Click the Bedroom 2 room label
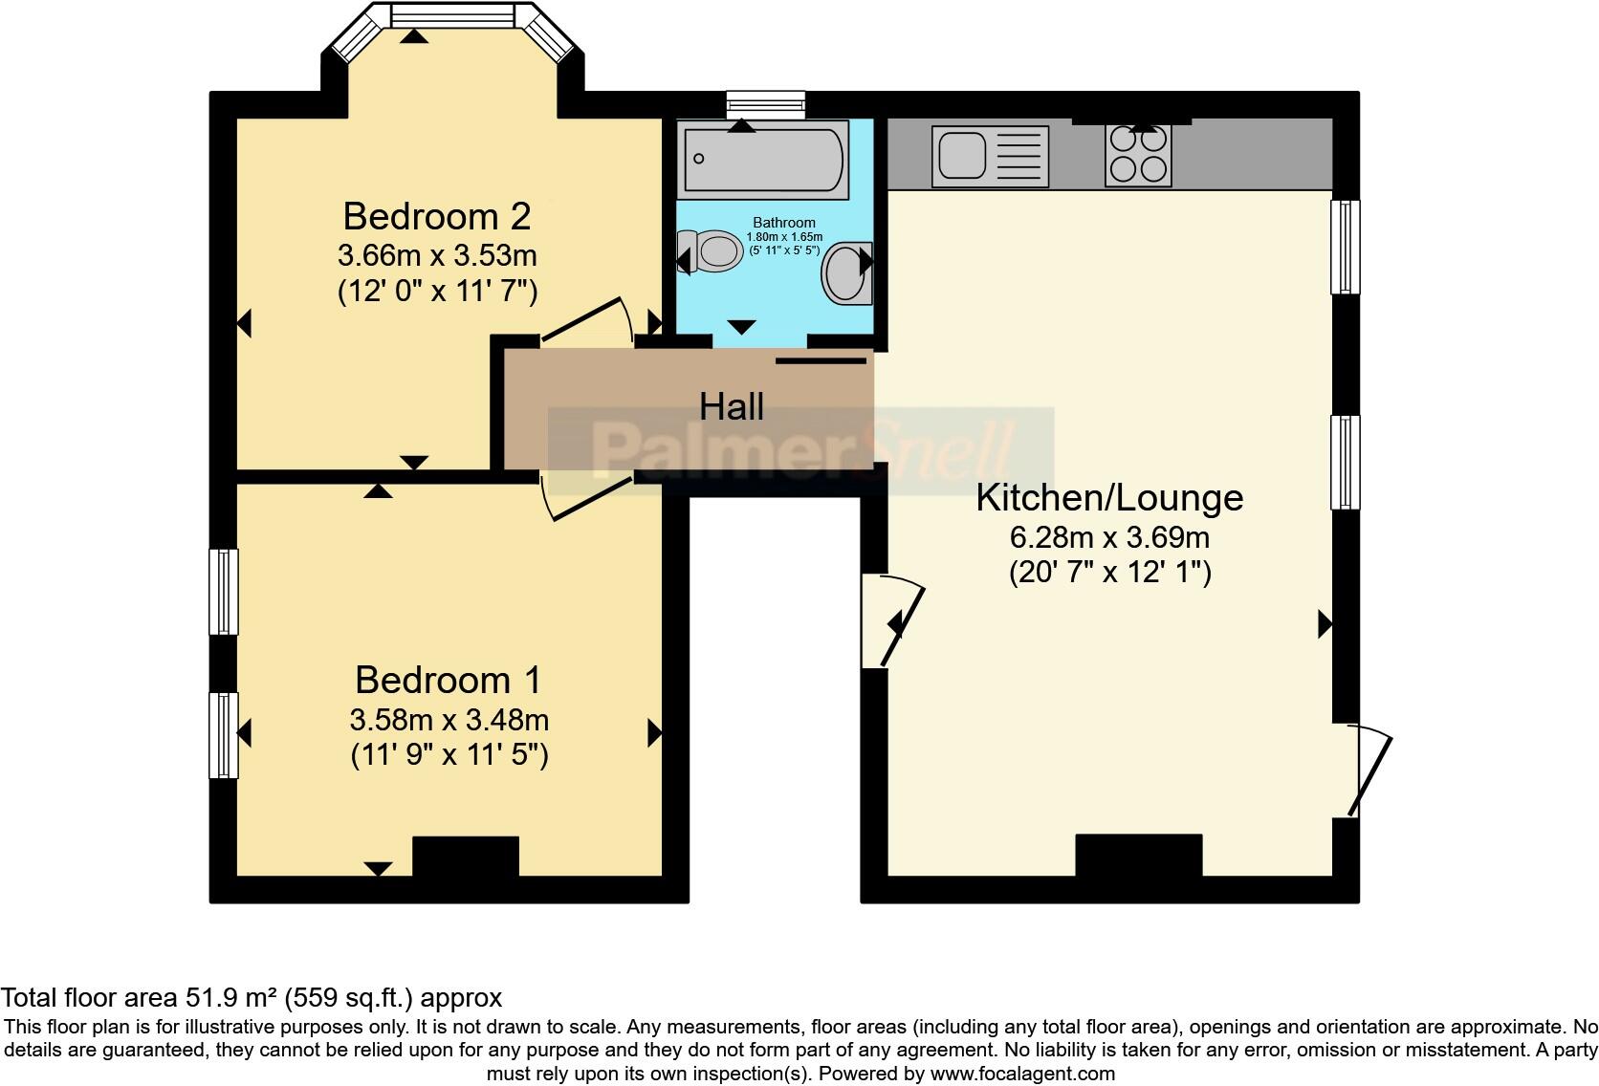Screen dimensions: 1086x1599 click(436, 216)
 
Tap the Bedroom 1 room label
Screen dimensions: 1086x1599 click(448, 680)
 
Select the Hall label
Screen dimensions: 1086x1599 click(731, 406)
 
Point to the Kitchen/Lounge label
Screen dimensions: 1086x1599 click(1109, 497)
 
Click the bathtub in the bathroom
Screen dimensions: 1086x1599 click(762, 159)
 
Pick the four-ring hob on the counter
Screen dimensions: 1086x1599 click(1138, 155)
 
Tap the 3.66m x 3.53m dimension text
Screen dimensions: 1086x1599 click(437, 256)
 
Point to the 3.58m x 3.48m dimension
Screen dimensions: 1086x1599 click(449, 719)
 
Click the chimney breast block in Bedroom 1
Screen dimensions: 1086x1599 click(465, 857)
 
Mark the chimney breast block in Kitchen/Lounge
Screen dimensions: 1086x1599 click(1138, 855)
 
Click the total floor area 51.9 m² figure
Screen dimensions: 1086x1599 click(251, 998)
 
